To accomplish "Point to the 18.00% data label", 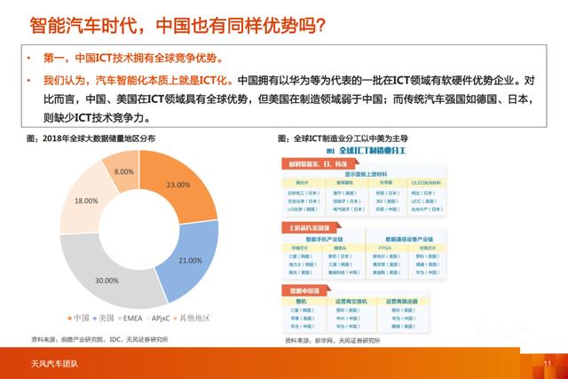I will coord(86,201).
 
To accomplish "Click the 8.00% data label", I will coord(124,171).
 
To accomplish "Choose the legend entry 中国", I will coord(80,317).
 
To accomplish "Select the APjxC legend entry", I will coord(162,317).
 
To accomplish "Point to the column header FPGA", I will coord(384,249).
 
